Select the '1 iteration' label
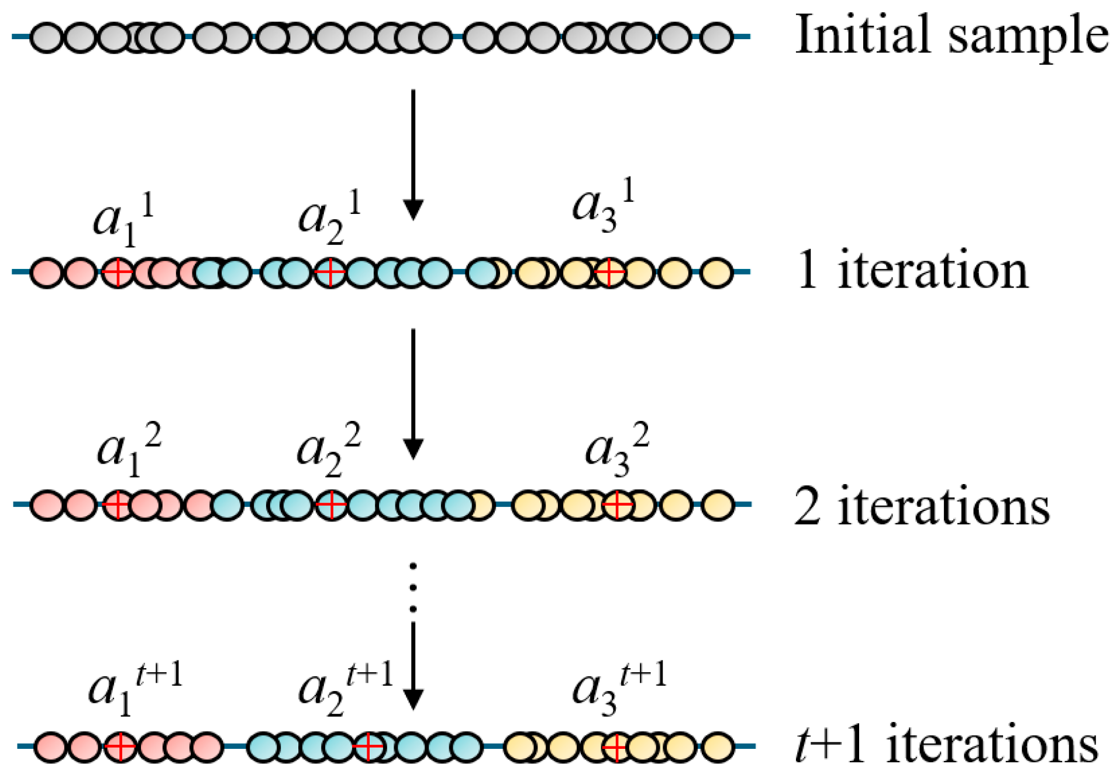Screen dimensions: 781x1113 (911, 270)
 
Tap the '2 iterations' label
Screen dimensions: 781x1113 (922, 506)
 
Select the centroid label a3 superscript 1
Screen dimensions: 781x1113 (603, 207)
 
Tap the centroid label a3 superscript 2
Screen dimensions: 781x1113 (616, 450)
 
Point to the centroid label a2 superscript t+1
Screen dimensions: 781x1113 (345, 690)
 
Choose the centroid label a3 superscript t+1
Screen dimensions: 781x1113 (619, 690)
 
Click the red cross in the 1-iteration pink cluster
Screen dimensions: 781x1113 (118, 272)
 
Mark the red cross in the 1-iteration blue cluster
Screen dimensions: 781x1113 (330, 272)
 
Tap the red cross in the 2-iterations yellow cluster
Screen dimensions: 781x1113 (618, 504)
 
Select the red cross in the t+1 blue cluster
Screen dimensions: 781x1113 (368, 746)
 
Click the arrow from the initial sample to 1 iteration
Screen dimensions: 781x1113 (413, 155)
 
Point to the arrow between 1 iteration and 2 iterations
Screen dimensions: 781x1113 (413, 393)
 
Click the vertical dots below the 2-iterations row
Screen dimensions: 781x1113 (413, 587)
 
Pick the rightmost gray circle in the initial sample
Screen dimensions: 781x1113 (716, 36)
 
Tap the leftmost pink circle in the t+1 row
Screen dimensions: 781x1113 (50, 746)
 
